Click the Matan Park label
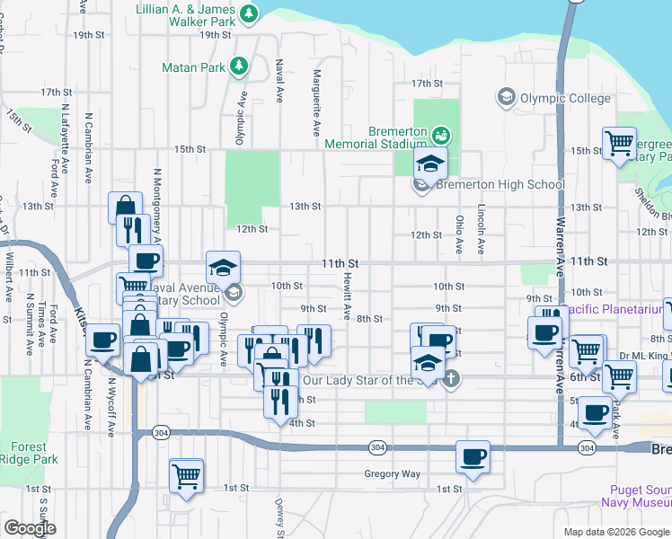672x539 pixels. (191, 66)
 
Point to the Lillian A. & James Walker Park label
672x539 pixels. (185, 13)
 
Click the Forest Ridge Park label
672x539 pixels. (34, 453)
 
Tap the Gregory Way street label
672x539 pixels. (392, 473)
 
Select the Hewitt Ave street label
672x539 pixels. (347, 297)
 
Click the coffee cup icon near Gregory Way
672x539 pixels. (473, 457)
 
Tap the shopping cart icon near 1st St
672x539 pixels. (186, 476)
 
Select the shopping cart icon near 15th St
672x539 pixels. (619, 145)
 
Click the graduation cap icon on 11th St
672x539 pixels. (223, 267)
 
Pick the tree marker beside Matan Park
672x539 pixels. (239, 66)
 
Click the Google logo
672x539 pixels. (30, 527)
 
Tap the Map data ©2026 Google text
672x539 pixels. (615, 532)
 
